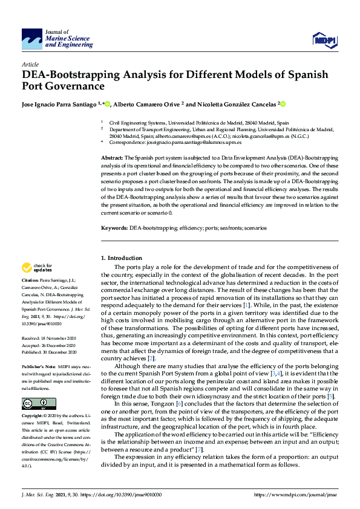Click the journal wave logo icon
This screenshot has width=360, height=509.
[32, 39]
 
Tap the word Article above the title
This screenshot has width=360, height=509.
[30, 63]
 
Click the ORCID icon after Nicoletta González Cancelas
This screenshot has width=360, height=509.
[283, 104]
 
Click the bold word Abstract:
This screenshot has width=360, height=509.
[111, 157]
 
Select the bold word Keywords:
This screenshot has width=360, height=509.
[114, 229]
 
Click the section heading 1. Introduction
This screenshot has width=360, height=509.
[122, 258]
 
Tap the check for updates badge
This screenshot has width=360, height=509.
[37, 267]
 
